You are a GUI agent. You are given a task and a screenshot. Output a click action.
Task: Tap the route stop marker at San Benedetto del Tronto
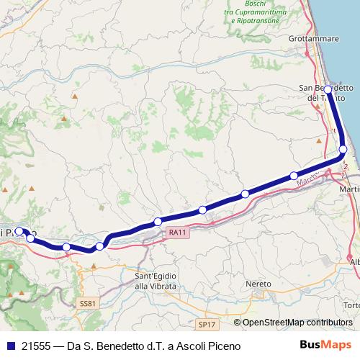click(328, 90)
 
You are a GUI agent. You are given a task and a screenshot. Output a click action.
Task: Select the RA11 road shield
click(178, 232)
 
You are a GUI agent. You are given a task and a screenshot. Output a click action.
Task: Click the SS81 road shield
click(86, 304)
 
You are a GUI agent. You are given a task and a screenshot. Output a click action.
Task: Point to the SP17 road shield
click(206, 325)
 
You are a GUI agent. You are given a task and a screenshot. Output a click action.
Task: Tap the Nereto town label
click(259, 284)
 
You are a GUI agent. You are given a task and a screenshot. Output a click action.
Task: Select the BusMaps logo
click(330, 346)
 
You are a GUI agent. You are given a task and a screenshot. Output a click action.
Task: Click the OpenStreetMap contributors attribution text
click(297, 323)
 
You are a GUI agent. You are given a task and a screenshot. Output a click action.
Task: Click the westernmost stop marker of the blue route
click(19, 232)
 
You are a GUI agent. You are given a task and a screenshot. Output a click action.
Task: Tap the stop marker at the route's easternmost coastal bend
click(343, 149)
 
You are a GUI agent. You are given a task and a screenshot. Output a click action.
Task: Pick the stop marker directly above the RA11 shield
click(158, 221)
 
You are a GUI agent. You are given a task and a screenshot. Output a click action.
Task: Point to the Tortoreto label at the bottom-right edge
click(352, 305)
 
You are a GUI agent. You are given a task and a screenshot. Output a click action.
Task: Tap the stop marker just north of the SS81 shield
click(99, 246)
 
